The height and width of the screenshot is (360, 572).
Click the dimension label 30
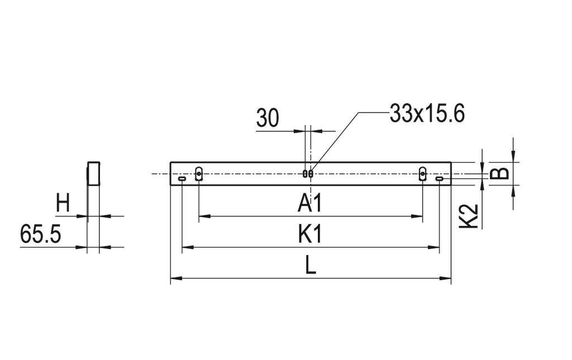268,118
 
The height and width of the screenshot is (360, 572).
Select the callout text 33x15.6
427,114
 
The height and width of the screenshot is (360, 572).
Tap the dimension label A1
310,204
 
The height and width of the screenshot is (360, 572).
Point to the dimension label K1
310,235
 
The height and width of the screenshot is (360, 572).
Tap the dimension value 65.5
40,234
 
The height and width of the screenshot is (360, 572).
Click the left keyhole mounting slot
199,174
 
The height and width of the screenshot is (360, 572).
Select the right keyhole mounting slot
423,174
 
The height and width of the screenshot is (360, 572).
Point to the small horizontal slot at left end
182,179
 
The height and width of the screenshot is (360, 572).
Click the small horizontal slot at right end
440,179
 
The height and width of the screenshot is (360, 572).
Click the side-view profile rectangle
93,173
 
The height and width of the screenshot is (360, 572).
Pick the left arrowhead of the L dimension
174,277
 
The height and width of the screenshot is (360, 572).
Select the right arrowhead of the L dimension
447,277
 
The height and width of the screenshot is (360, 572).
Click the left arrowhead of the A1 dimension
203,215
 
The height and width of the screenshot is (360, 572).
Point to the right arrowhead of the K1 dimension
436,247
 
